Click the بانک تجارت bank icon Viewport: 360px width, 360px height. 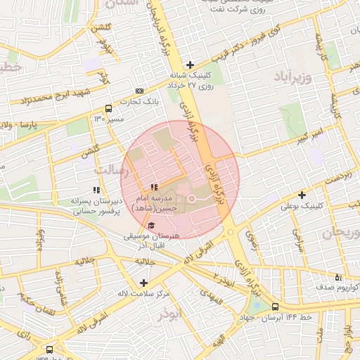tap(139, 91)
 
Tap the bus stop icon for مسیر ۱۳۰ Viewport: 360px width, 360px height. tap(108, 108)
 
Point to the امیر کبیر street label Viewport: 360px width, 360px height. tap(309, 132)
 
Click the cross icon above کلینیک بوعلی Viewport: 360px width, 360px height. tap(302, 195)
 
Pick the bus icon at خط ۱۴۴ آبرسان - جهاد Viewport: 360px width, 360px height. tap(275, 307)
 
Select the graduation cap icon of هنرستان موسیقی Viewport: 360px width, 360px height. tap(152, 225)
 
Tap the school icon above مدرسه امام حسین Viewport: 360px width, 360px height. tap(153, 187)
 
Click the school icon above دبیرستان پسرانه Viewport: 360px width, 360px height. tap(96, 189)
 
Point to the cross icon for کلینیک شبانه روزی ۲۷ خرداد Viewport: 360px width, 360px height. tap(190, 65)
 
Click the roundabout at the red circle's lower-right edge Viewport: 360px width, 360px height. tap(230, 232)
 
